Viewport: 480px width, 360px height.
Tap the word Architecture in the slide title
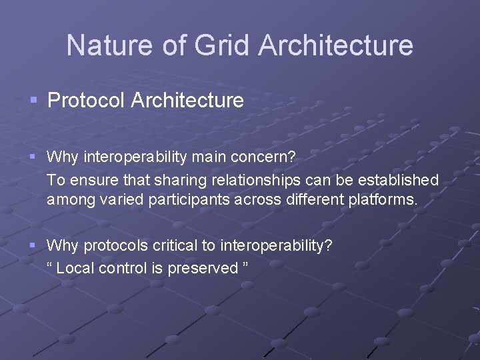pos(335,45)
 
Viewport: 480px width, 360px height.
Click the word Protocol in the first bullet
pos(87,101)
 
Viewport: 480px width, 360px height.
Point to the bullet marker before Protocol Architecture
pos(33,101)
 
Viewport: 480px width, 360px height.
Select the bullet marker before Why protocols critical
pos(33,246)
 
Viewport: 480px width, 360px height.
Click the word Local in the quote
pos(75,267)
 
